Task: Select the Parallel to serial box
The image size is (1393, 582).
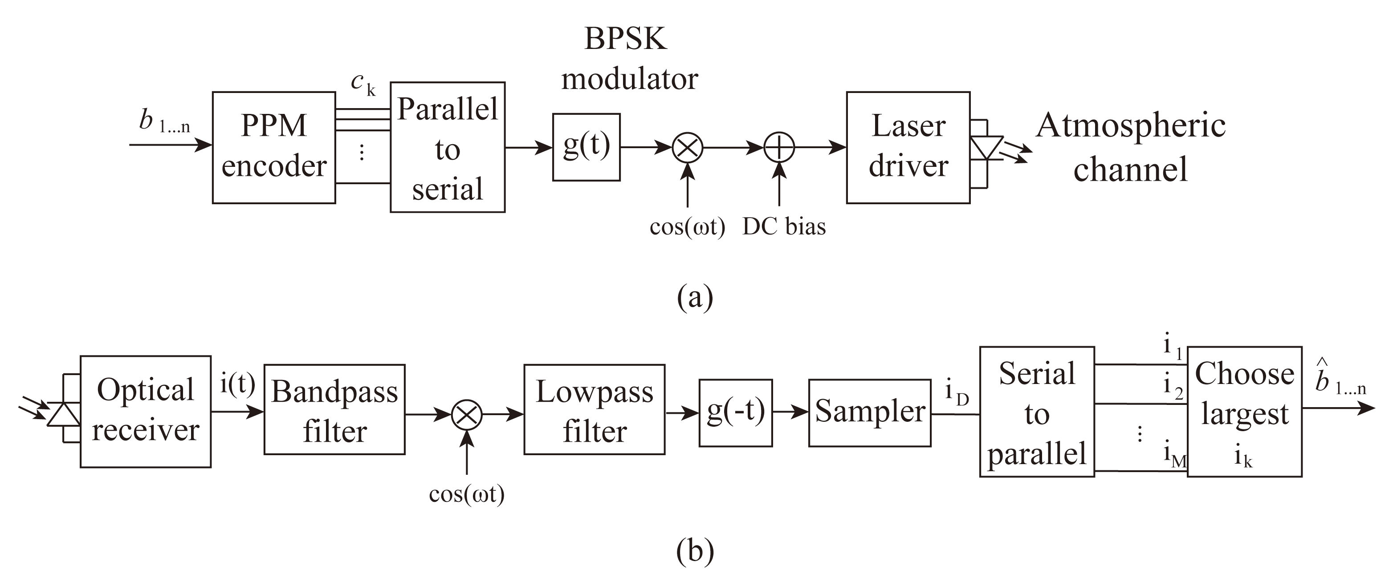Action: pos(447,147)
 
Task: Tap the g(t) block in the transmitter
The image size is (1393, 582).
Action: pos(586,147)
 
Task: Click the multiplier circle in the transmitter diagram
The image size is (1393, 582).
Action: pos(687,147)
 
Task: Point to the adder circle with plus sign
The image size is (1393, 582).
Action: pos(779,147)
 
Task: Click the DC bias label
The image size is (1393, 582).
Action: pos(784,226)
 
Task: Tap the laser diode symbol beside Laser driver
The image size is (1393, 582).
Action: pos(986,148)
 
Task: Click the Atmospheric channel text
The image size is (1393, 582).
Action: pos(1130,147)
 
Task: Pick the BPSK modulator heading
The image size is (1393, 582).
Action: pos(628,58)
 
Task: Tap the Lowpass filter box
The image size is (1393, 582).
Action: pos(594,410)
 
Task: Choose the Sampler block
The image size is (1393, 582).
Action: pos(870,413)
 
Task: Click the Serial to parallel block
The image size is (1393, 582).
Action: pos(1037,412)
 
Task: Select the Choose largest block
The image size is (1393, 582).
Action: pos(1244,412)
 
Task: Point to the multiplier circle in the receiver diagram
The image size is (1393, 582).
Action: pos(467,415)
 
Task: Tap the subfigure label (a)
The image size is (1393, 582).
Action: pos(695,297)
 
